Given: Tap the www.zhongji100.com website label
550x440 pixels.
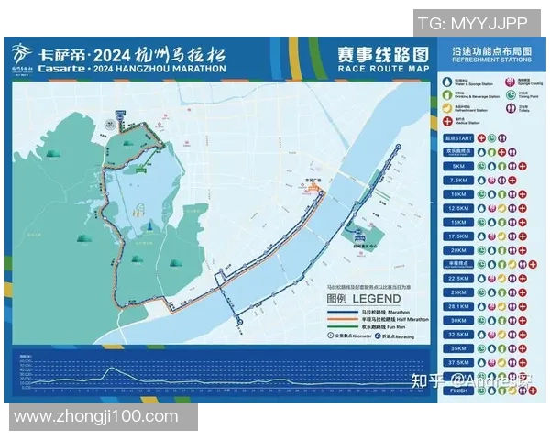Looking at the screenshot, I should [96, 416].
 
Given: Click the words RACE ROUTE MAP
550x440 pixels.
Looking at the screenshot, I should [382, 69].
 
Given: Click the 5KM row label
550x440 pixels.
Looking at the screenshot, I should [457, 167].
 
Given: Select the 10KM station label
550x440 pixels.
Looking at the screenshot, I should [457, 194].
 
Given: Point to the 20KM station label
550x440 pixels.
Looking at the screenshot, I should [457, 250].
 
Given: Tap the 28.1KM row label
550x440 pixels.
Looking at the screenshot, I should [457, 306].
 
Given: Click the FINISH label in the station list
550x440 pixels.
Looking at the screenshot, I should [457, 390].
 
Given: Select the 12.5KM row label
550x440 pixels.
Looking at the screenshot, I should [457, 208].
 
